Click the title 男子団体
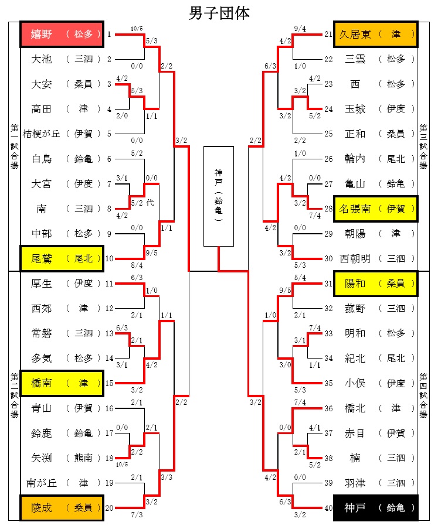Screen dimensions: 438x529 (x=219, y=13)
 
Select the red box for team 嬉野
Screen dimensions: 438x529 (x=62, y=35)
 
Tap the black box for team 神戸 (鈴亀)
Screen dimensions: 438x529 (x=375, y=508)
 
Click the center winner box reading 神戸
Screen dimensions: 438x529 (x=219, y=196)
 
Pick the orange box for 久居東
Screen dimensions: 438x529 (x=375, y=35)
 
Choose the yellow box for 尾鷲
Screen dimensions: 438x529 (x=62, y=259)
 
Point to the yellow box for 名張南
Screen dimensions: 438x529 (x=375, y=209)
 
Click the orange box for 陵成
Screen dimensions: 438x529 (x=62, y=508)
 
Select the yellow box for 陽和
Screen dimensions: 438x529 (x=375, y=284)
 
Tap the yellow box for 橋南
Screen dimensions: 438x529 (x=62, y=383)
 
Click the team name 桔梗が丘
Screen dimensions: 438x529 (x=41, y=134)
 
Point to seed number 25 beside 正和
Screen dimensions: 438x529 (x=328, y=134)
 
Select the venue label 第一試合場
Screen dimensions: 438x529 (x=14, y=146)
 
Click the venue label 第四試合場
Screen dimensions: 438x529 (x=423, y=395)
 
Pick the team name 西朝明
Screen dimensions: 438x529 (x=355, y=259)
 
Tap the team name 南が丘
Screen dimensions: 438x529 (x=41, y=483)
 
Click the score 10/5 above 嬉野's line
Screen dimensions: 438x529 (x=137, y=29)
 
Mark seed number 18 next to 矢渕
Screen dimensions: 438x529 (x=109, y=458)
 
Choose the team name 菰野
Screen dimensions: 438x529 (x=355, y=308)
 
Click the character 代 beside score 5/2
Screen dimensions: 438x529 (x=150, y=203)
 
